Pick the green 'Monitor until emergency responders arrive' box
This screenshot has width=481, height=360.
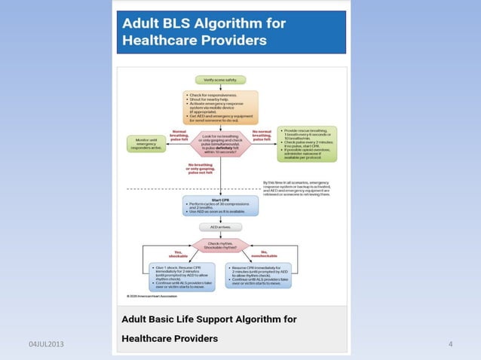coord(151,143)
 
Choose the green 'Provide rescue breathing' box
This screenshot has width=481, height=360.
coord(307,143)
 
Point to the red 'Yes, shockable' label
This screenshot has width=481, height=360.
coord(178,253)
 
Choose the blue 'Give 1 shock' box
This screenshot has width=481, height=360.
coord(183,276)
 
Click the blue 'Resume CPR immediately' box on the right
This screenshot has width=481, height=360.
coord(259,276)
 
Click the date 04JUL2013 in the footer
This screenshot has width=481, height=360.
coord(46,344)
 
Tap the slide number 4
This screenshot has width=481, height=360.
coord(449,344)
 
